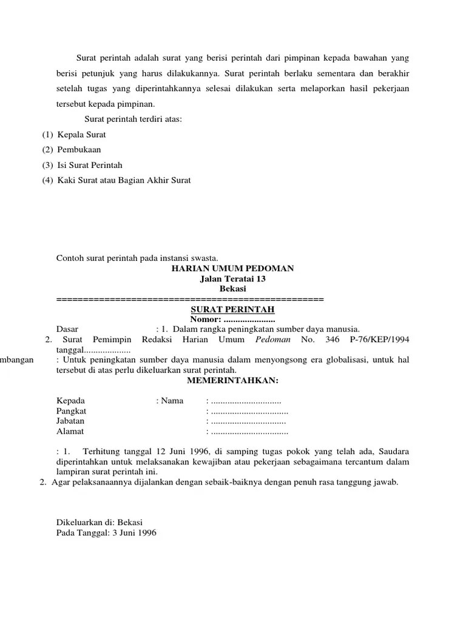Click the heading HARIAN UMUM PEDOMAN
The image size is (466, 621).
click(233, 268)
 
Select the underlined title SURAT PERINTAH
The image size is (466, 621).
click(232, 309)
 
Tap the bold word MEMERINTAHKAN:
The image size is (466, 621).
click(232, 380)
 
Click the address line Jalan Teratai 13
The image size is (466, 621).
click(233, 279)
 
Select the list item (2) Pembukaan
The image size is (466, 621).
click(72, 150)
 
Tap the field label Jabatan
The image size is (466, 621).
click(70, 421)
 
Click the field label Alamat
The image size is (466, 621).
click(70, 431)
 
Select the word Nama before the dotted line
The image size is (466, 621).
click(172, 400)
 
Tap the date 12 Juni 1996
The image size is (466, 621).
click(181, 451)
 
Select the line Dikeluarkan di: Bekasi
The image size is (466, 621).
click(99, 522)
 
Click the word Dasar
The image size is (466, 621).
click(67, 329)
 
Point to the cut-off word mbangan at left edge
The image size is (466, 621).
click(18, 360)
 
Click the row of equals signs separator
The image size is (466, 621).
click(190, 300)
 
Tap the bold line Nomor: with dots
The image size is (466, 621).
click(232, 320)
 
